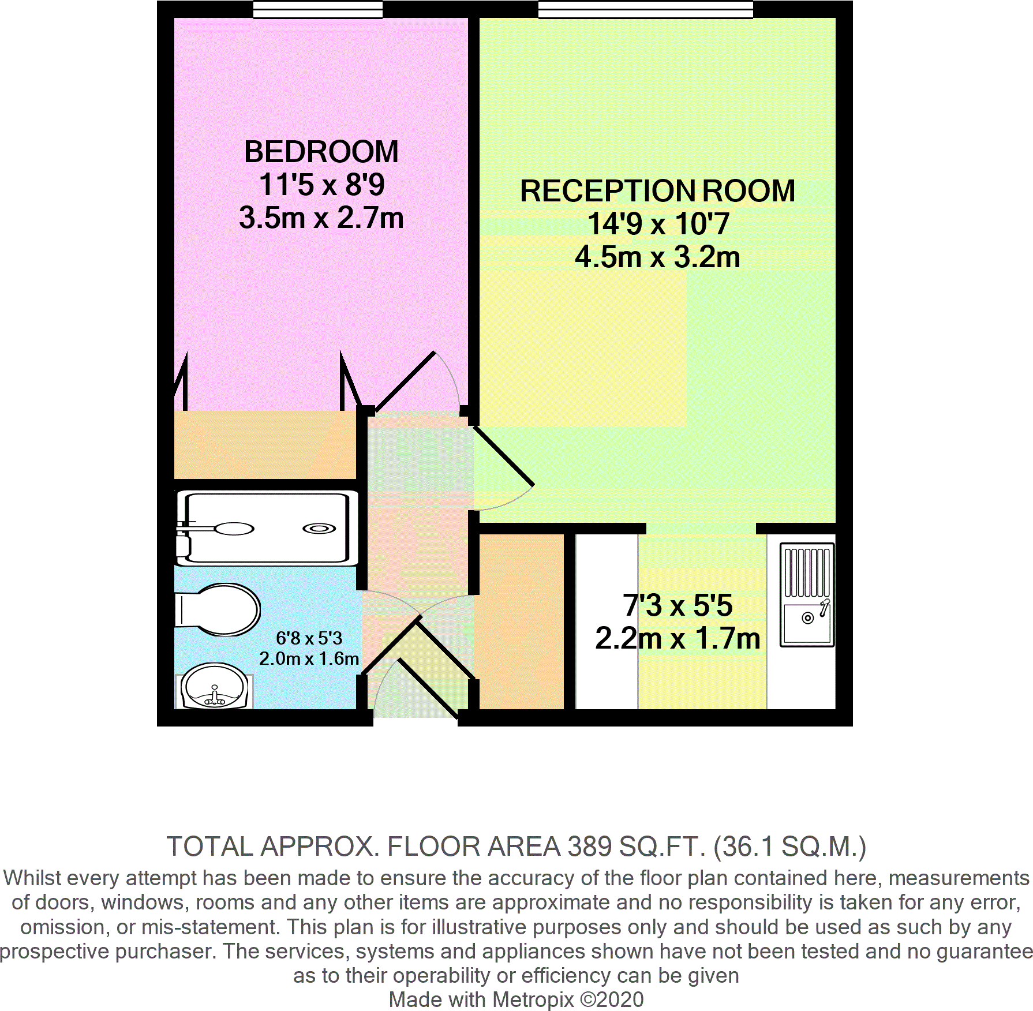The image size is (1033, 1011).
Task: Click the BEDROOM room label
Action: [321, 152]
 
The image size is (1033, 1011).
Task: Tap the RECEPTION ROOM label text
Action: [657, 191]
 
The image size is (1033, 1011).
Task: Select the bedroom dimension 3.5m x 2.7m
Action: [321, 218]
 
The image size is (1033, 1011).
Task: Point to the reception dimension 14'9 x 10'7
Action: [658, 224]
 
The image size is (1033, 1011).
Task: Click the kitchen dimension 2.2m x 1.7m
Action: [677, 639]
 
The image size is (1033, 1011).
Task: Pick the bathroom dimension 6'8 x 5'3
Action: [309, 638]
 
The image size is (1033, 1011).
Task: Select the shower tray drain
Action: [319, 528]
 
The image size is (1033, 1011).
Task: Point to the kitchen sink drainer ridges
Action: [807, 572]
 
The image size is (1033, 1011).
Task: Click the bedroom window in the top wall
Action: [318, 9]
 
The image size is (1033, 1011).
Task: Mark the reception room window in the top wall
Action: [645, 9]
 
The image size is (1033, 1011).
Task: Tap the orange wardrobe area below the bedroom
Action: [265, 445]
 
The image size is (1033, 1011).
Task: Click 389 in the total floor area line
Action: [589, 847]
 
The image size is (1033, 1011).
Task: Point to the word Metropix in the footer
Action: [533, 999]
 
